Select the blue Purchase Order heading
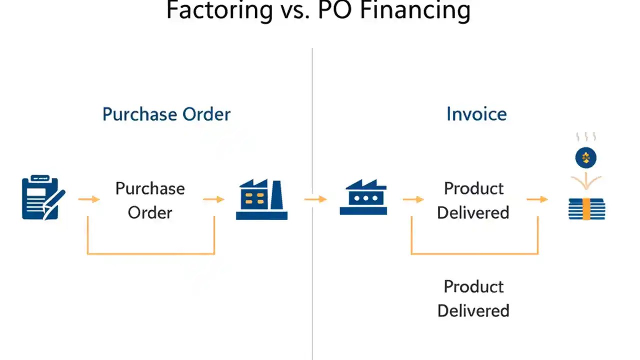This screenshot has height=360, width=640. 166,114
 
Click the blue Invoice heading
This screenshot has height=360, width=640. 476,114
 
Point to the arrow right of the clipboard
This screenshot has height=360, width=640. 88,199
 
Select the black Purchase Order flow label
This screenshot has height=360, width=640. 150,200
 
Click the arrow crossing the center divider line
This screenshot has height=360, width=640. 315,199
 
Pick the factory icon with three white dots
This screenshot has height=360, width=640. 363,198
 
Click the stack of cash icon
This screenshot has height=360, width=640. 586,209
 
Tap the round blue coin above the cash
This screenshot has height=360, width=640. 586,158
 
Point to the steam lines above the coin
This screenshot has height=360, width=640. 586,137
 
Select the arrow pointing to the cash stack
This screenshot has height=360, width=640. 537,199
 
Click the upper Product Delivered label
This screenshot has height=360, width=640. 473,200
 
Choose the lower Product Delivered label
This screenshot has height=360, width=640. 473,298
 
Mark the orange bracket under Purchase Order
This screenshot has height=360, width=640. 151,253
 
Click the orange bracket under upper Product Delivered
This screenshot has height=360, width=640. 474,253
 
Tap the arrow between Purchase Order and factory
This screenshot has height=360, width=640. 213,199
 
